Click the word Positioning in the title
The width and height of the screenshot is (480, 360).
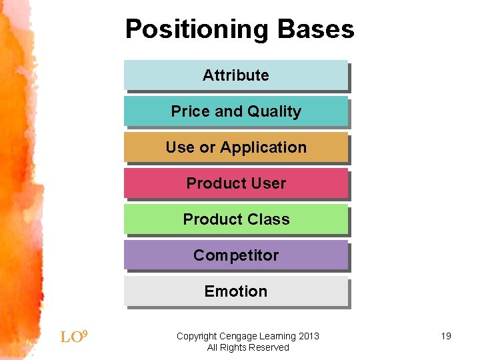(x=197, y=30)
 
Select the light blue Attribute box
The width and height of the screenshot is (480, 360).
(x=236, y=75)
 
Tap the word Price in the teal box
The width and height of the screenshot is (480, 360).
(x=191, y=111)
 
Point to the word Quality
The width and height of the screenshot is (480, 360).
(x=274, y=111)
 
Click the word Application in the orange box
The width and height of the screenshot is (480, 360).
(x=263, y=148)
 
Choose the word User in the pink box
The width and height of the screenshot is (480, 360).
(x=269, y=183)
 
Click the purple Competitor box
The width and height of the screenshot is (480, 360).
(x=236, y=255)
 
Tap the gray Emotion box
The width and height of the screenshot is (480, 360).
(x=236, y=291)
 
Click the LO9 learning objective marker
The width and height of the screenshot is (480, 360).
(x=74, y=337)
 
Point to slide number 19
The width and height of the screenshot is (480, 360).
(x=446, y=336)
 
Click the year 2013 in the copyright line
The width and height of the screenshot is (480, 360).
(x=309, y=336)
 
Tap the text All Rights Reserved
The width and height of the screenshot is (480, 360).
(x=248, y=347)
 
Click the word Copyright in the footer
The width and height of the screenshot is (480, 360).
(x=197, y=337)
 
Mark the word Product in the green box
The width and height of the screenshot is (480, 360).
(x=213, y=219)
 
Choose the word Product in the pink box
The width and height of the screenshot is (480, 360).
(x=217, y=183)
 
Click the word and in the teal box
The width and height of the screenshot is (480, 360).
(x=229, y=111)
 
